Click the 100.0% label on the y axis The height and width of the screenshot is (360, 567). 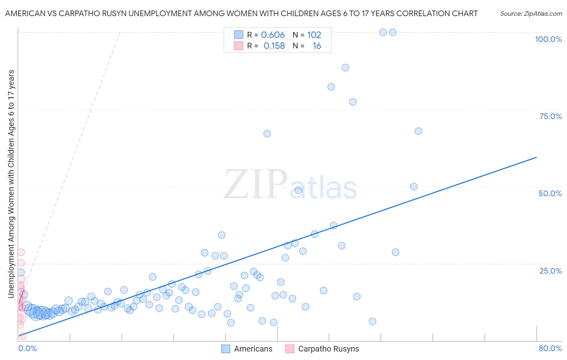pos(548,39)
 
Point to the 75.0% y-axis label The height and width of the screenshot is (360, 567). pos(550,116)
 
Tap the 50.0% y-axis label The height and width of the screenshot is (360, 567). pos(550,193)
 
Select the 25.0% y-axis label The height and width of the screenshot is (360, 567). pos(550,271)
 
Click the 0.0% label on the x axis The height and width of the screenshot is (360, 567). pos(28,348)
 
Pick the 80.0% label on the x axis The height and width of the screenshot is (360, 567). pos(550,348)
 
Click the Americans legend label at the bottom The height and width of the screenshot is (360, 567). pos(253,349)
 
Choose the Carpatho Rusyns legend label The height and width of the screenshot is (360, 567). pos(328,349)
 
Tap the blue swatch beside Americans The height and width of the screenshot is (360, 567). pos(226,349)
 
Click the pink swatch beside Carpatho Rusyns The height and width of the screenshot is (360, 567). pos(290,349)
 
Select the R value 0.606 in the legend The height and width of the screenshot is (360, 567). pos(273,35)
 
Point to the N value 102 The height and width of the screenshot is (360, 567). pos(314,35)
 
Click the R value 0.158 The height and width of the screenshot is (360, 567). pos(274,46)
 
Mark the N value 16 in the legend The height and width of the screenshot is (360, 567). pos(317,46)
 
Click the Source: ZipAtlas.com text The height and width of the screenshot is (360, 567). pos(531,14)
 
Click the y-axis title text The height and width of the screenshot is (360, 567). pos(11,184)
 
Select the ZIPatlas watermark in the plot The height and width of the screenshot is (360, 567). pos(290,185)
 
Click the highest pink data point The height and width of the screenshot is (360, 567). pos(21,252)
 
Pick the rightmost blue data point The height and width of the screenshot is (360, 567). pos(418,131)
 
